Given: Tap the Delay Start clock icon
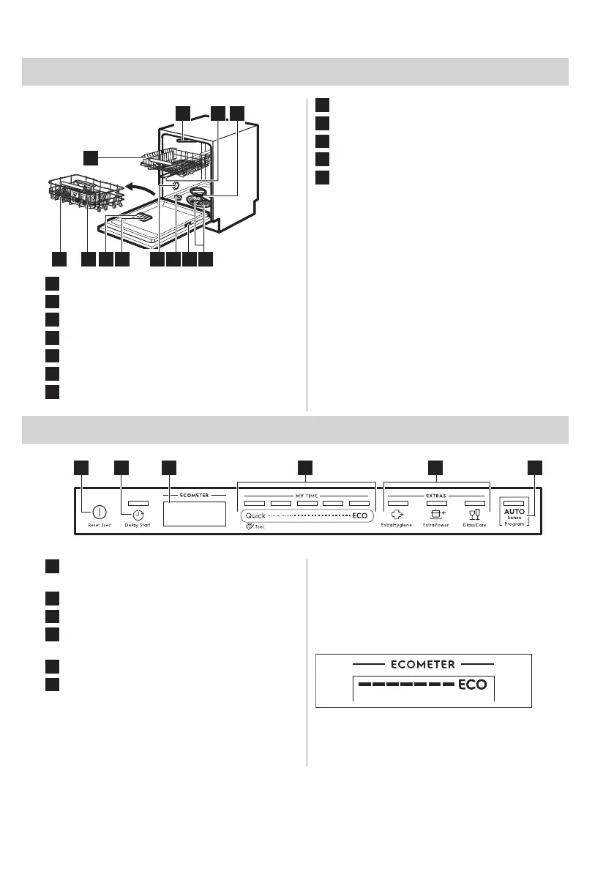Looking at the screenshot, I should pos(138,515).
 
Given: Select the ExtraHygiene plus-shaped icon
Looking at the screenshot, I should pos(398,515).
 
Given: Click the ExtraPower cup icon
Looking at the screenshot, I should pos(437,514).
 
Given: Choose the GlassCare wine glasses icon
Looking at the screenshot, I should pos(474,515).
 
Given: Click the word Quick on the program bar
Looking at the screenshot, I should pos(255,515).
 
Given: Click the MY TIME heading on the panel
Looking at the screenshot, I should pos(307,496).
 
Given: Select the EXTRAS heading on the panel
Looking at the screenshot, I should pos(437,496).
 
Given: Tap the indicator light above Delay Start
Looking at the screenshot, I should pos(138,504).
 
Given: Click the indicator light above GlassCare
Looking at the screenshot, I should pos(475,504).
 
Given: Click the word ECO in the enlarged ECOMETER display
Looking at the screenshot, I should pos(471,687).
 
